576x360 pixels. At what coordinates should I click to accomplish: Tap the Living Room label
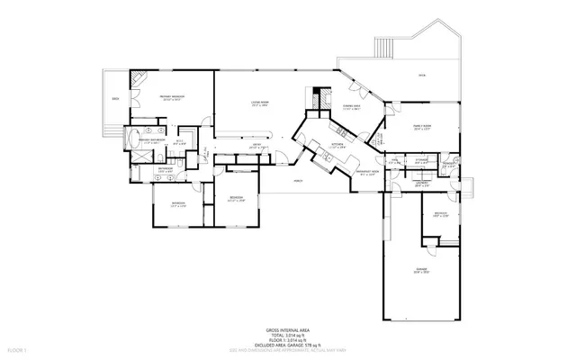pyautogui.click(x=262, y=103)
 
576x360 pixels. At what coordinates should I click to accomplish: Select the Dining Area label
pyautogui.click(x=351, y=106)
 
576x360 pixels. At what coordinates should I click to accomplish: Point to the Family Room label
pyautogui.click(x=409, y=128)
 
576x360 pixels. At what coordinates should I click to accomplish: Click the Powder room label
pyautogui.click(x=448, y=165)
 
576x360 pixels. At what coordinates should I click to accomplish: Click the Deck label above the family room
pyautogui.click(x=422, y=76)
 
